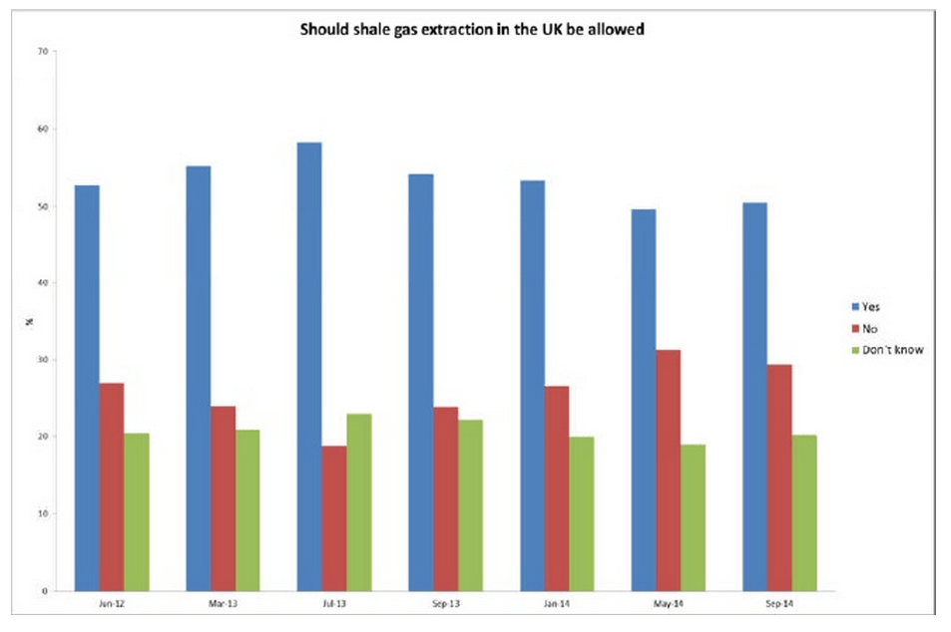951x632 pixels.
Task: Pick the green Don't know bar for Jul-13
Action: click(359, 502)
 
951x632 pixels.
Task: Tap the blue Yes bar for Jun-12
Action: click(87, 388)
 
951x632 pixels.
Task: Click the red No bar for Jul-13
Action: click(334, 517)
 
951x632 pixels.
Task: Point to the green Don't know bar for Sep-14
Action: click(804, 512)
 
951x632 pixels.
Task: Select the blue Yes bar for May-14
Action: click(644, 400)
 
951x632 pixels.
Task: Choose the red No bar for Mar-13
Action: click(223, 498)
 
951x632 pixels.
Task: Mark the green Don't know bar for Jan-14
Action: click(582, 513)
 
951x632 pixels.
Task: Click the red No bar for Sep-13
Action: click(446, 498)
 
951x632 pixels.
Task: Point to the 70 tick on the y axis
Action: click(43, 52)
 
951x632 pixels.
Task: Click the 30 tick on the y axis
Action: click(43, 360)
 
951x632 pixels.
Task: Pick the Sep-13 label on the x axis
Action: click(446, 605)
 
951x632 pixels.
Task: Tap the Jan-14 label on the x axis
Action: click(557, 605)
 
